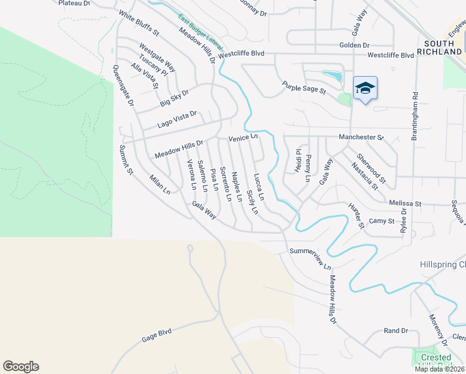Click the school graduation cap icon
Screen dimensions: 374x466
coord(365,89)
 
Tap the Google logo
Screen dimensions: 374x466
coord(21,367)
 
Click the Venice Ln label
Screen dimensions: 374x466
coord(243,138)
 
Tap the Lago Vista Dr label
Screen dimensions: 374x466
coord(177,119)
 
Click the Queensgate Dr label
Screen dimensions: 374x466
coord(123,85)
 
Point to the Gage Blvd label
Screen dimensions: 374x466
coord(156,335)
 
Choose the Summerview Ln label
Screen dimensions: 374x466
coord(310,258)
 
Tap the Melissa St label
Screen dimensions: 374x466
coord(405,203)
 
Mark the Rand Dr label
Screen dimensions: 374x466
coord(396,330)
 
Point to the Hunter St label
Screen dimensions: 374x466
coord(356,216)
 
